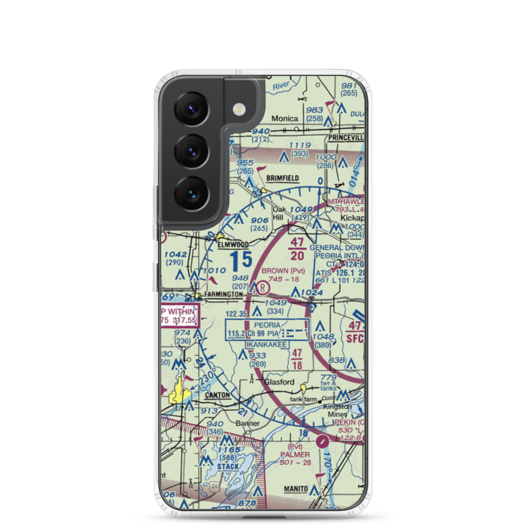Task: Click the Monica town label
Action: click(285, 119)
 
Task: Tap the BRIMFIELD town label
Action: click(282, 179)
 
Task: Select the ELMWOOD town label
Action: click(233, 245)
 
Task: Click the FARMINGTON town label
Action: click(224, 295)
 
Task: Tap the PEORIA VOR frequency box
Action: click(267, 329)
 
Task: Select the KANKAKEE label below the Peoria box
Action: click(267, 344)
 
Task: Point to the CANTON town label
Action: click(217, 395)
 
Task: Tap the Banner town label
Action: click(248, 423)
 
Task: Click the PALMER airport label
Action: click(295, 454)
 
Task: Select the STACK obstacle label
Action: click(227, 466)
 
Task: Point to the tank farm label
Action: click(302, 399)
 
